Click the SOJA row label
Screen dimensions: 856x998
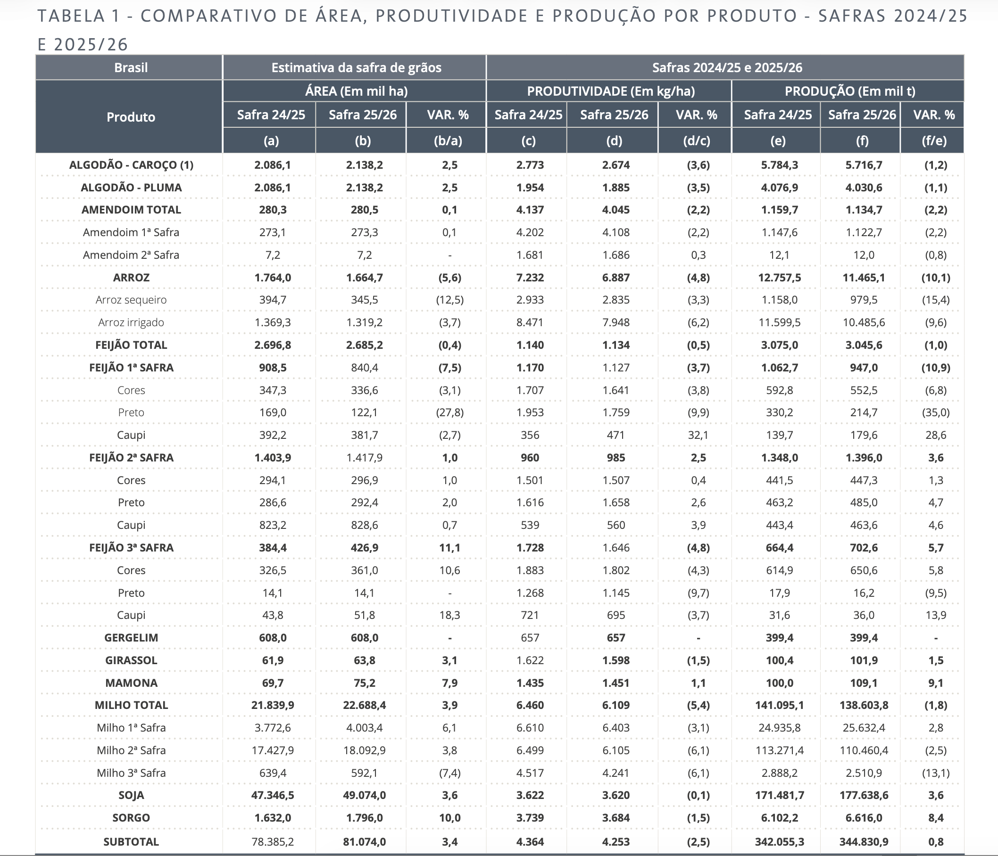click(131, 795)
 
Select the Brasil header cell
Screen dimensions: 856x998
click(131, 67)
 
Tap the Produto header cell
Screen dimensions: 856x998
click(131, 117)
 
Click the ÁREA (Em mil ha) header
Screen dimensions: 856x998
click(356, 91)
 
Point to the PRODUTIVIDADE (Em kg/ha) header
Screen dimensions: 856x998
click(611, 91)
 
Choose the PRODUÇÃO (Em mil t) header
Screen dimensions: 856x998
click(849, 91)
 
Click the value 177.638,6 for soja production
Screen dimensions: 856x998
click(864, 795)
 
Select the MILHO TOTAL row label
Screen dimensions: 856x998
click(131, 705)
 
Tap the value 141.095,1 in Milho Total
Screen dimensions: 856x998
click(779, 705)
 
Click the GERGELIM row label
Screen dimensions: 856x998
click(131, 638)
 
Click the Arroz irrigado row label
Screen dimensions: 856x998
click(131, 322)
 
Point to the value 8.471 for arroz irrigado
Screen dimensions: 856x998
click(530, 322)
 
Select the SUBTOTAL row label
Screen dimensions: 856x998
click(131, 842)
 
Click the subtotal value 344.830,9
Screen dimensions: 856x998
click(864, 842)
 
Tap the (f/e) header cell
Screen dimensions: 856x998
click(934, 140)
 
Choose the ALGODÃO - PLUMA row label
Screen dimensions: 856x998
click(131, 188)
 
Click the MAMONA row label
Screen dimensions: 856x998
click(131, 683)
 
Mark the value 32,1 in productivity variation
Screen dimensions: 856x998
click(698, 435)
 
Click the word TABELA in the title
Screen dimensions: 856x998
click(71, 16)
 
